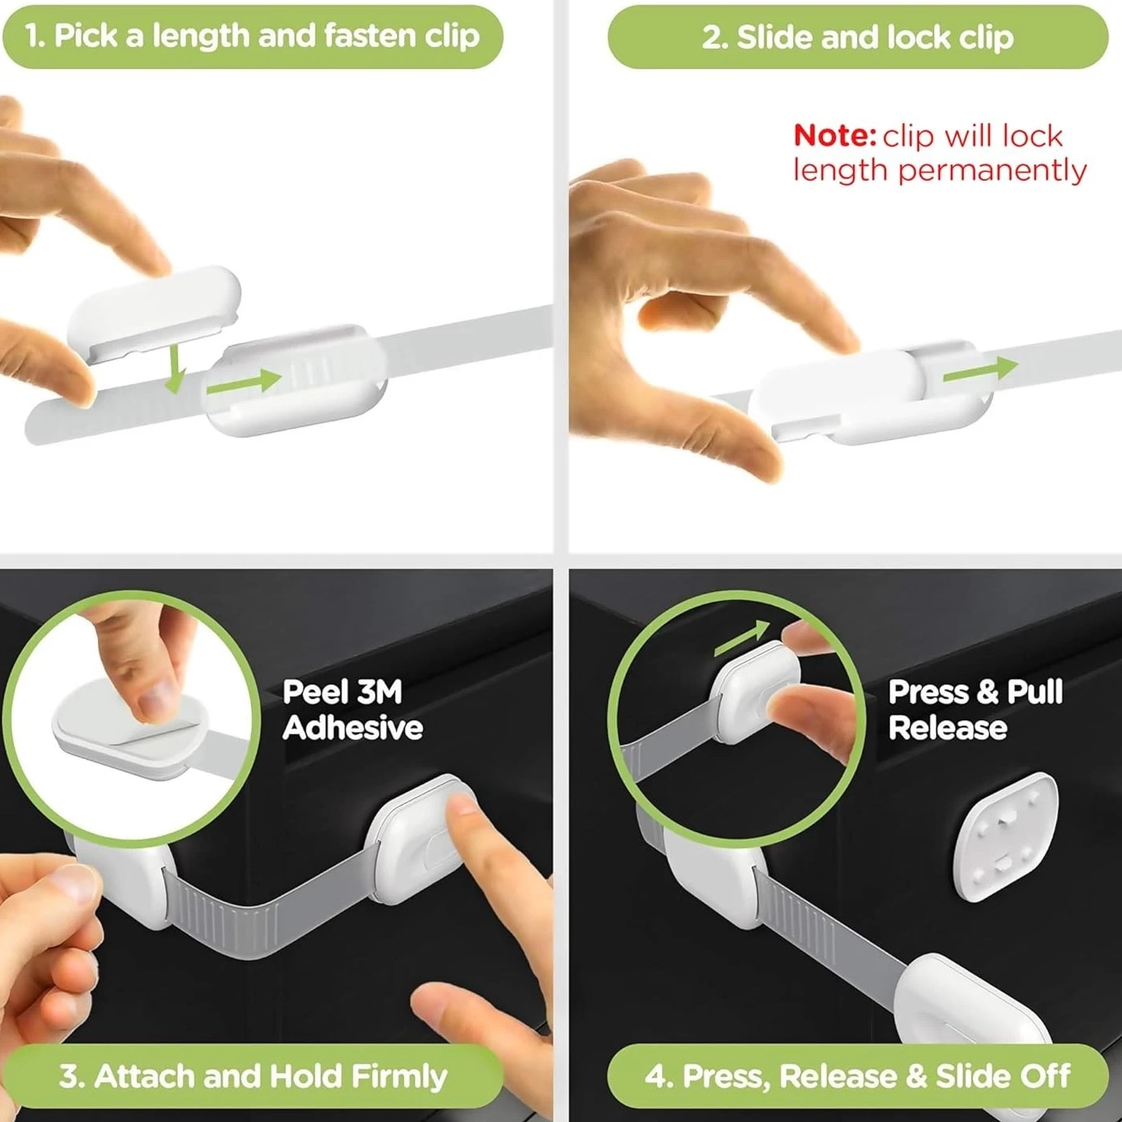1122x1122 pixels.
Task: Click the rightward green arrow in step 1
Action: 244,382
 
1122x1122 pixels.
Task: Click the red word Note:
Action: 835,135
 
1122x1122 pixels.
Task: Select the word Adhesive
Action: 353,728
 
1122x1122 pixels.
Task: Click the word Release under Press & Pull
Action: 948,728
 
